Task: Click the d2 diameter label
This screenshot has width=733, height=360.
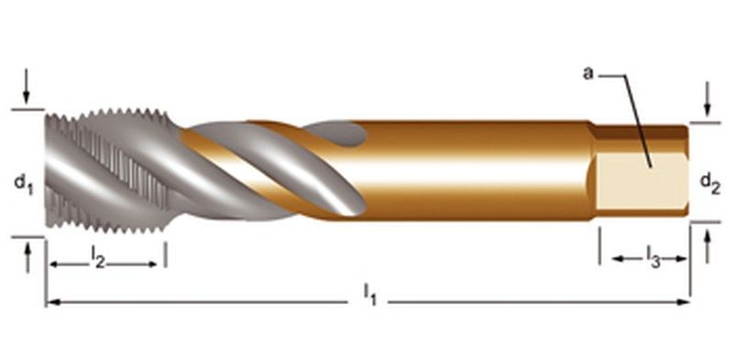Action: pos(710,182)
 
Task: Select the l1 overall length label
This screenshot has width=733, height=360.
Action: pos(369,295)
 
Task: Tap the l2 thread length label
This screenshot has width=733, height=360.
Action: pos(98,257)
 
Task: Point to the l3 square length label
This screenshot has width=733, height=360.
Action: pos(653,257)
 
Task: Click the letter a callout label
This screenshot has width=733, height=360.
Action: pos(588,73)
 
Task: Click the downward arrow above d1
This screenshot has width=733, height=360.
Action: pos(27,86)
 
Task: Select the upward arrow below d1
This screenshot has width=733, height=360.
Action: pos(27,257)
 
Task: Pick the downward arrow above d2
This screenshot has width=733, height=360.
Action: pos(706,99)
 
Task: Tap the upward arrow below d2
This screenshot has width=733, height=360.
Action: pos(707,246)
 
